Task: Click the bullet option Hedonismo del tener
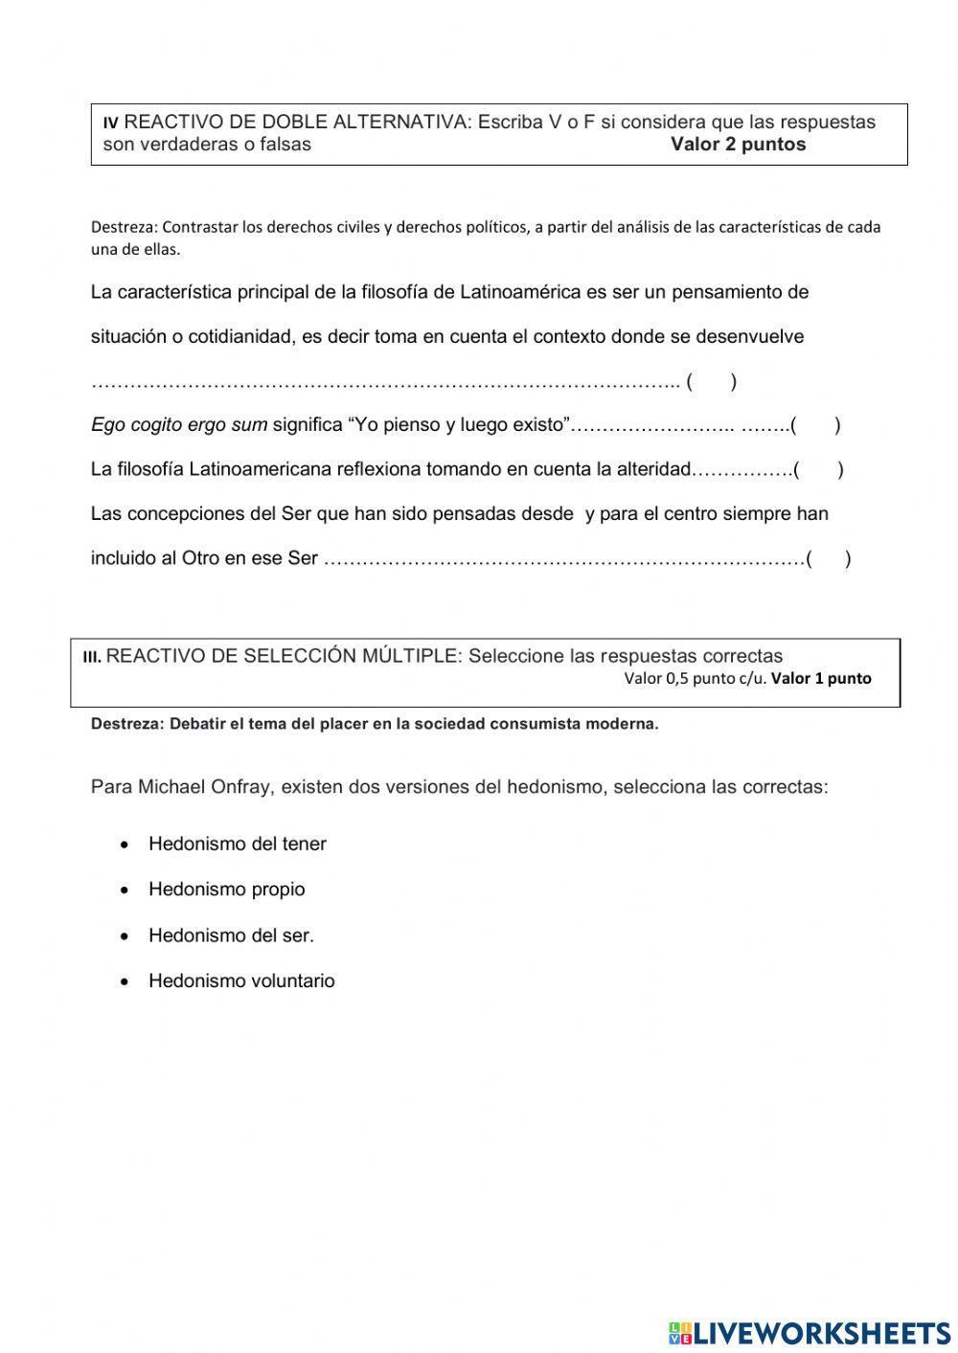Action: click(x=237, y=844)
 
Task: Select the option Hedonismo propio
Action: click(x=226, y=889)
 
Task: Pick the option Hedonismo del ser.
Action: click(x=231, y=935)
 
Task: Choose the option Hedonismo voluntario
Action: click(x=241, y=981)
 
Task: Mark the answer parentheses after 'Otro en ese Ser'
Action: click(x=829, y=559)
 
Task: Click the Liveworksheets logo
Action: click(x=810, y=1332)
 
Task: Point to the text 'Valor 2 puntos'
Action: click(x=738, y=145)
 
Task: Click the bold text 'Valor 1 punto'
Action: click(x=821, y=678)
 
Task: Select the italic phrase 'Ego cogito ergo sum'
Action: click(x=179, y=425)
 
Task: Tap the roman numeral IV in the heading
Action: click(x=111, y=124)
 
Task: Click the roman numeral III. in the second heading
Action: click(x=92, y=657)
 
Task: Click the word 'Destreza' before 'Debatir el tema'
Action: click(x=125, y=724)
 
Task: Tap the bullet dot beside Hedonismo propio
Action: click(x=125, y=890)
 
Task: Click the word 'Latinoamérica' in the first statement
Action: click(x=520, y=292)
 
